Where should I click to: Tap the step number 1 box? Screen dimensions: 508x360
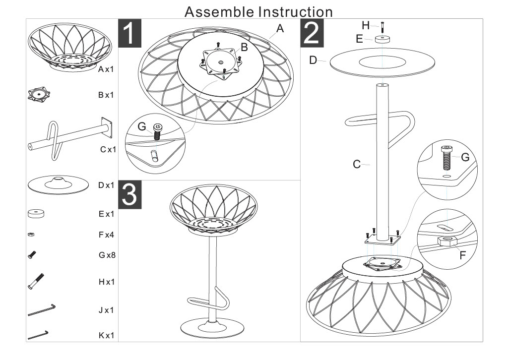[129, 33]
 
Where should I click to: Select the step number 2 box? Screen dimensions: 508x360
[312, 33]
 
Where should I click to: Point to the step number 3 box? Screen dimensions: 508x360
[130, 194]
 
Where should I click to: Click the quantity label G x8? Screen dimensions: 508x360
[107, 255]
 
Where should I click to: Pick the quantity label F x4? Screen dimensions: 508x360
[106, 235]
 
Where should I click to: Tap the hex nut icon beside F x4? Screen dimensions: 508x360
[31, 235]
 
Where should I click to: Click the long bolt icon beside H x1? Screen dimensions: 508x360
[36, 281]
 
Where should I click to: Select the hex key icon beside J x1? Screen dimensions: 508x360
[42, 310]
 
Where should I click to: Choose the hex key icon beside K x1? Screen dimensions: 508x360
[38, 335]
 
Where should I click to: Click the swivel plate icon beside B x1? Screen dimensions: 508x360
[39, 94]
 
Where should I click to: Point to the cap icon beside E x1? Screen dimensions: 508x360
[36, 214]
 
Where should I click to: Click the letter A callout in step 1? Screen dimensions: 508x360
[280, 28]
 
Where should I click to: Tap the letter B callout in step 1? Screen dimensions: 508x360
[244, 47]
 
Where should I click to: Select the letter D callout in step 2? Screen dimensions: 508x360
[313, 60]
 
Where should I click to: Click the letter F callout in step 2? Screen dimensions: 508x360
[463, 255]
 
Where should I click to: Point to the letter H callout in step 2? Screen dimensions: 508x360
[366, 25]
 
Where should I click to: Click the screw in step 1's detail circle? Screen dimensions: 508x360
[157, 131]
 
